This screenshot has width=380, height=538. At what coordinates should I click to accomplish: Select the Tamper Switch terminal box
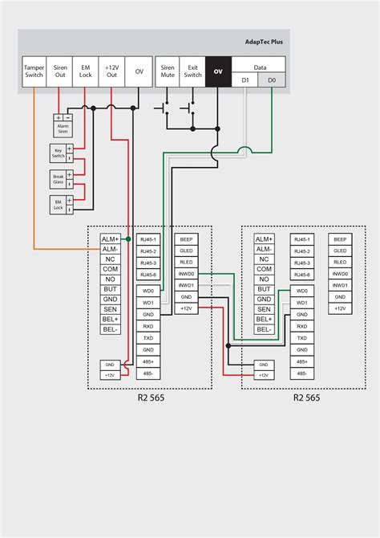pos(34,71)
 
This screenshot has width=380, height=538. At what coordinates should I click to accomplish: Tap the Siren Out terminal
pos(60,71)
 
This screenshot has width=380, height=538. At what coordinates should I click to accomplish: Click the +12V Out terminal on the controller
pos(111,71)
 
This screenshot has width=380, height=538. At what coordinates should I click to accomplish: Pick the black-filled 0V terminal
pos(217,71)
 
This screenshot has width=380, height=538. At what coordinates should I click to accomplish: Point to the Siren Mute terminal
pos(168,71)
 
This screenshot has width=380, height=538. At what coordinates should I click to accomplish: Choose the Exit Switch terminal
pos(192,71)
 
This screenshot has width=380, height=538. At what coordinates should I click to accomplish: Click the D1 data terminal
pos(245,80)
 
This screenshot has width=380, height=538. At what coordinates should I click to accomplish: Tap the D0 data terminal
pos(271,80)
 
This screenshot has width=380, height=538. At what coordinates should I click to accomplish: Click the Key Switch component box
pos(58,153)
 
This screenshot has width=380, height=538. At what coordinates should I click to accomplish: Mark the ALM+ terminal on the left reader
pos(110,239)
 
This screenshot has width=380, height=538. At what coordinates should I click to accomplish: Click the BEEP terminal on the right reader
pos(340,239)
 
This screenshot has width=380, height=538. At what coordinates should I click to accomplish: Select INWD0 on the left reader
pos(185,274)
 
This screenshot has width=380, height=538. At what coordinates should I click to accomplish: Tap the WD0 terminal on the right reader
pos(301,291)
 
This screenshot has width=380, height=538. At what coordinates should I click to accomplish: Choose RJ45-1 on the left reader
pos(148,239)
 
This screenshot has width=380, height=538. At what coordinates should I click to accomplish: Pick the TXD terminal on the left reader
pos(148,338)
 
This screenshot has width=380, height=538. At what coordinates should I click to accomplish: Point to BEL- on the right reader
pos(264,329)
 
